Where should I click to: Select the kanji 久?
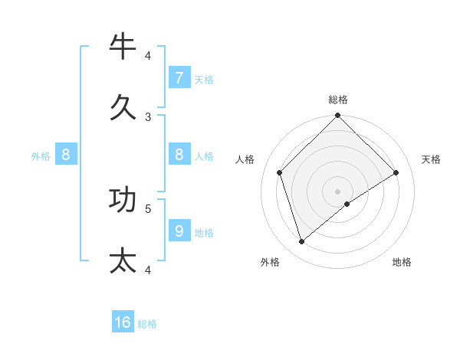(x=123, y=106)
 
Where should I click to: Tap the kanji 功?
(x=123, y=199)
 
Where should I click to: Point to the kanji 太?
(x=123, y=260)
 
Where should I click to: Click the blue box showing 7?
(x=179, y=77)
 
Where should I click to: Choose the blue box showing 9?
(x=179, y=230)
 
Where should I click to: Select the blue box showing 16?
(x=123, y=322)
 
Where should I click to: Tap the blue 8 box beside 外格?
(x=66, y=154)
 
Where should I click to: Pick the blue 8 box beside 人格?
(x=179, y=154)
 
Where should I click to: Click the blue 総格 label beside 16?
(x=147, y=324)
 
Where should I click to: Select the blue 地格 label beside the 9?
(x=204, y=232)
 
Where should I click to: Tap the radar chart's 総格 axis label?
(x=338, y=100)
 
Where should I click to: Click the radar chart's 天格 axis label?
(x=431, y=159)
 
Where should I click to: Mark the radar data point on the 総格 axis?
(x=338, y=116)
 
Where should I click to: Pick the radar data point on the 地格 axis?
(x=347, y=204)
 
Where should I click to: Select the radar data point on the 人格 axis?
(x=280, y=172)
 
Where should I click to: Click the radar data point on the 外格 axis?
(x=302, y=241)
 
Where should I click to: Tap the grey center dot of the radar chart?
(x=338, y=191)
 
